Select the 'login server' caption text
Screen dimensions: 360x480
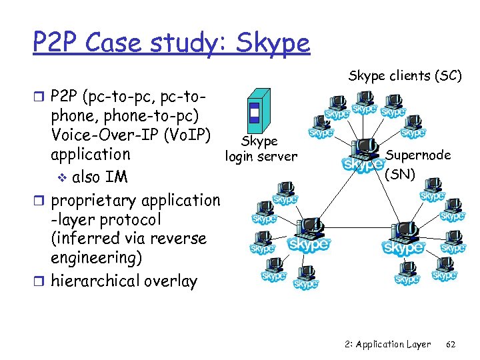(261, 157)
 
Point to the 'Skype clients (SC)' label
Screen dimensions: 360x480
(405, 76)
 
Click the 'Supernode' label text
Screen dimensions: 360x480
(419, 155)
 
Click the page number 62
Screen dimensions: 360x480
(451, 344)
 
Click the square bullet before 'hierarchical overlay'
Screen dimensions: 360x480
(43, 280)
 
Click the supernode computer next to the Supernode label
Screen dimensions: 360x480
(364, 155)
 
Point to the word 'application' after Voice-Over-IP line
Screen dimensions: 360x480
(91, 154)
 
